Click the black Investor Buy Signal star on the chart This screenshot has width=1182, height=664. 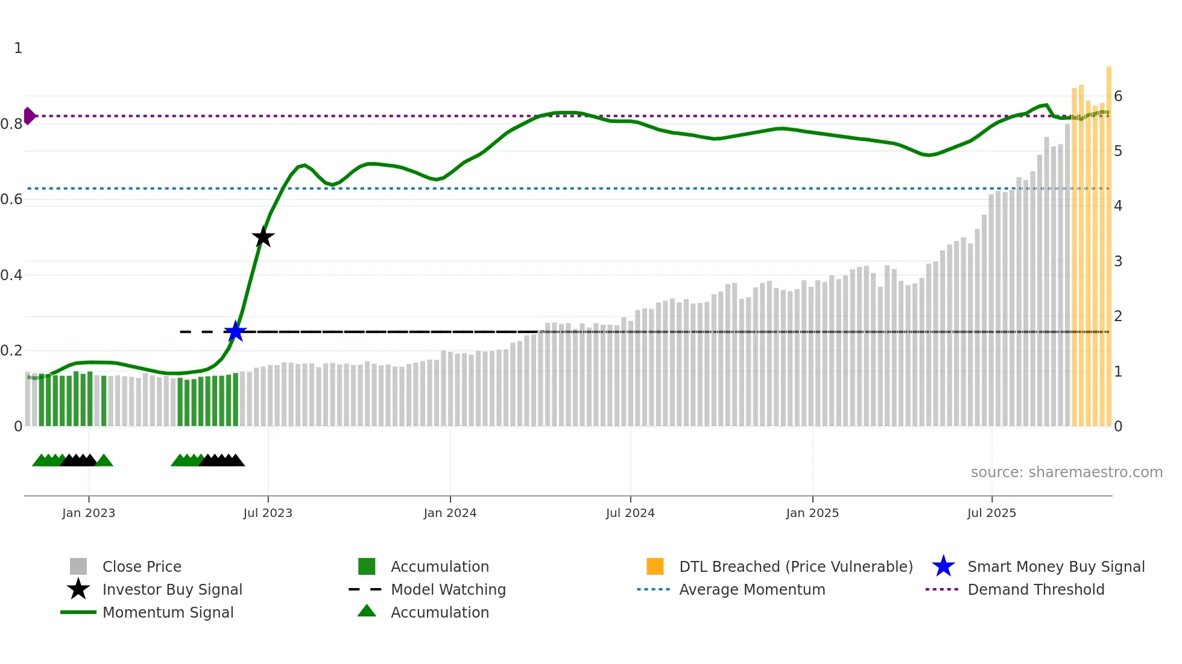pos(263,237)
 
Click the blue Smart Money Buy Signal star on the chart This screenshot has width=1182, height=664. pos(235,331)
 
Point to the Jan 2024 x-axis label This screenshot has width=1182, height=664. pos(450,513)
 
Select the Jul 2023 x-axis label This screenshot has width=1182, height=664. pos(268,513)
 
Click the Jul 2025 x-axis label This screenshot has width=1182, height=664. pos(991,513)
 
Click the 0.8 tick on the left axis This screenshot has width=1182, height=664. pos(11,124)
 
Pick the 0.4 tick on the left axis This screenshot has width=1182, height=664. pos(11,275)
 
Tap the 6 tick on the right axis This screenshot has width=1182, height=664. pos(1118,96)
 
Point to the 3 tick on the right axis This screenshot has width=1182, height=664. pos(1118,262)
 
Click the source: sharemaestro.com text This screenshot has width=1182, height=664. pos(1066,472)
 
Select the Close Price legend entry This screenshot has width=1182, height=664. pos(142,566)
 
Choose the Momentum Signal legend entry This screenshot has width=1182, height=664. pos(168,612)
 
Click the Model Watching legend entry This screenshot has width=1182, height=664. pos(448,589)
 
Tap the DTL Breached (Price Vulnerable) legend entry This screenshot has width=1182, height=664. pos(795,566)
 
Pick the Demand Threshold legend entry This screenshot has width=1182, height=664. pos(1035,589)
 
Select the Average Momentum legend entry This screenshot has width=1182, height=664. pos(752,589)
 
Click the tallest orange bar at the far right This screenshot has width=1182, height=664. pos(1108,241)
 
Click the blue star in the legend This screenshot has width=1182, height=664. pos(943,566)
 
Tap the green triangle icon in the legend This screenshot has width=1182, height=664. pos(367,612)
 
